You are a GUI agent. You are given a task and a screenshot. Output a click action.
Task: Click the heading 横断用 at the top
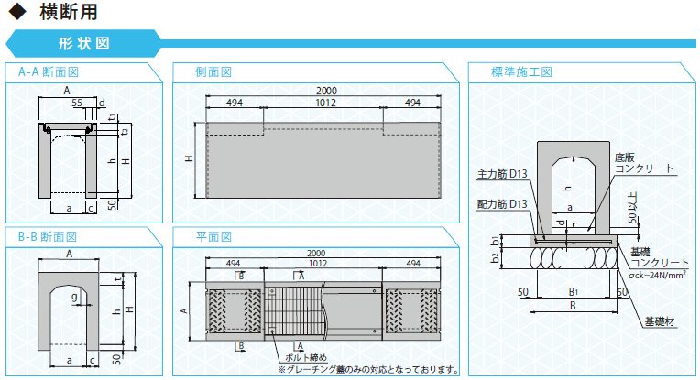click(x=69, y=12)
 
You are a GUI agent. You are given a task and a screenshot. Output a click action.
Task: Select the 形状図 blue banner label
click(x=84, y=43)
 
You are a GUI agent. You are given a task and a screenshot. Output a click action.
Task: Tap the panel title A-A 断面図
click(x=49, y=71)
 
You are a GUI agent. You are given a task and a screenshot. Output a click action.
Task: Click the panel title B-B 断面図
click(x=48, y=236)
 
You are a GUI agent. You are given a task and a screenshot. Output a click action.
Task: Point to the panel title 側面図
click(x=213, y=71)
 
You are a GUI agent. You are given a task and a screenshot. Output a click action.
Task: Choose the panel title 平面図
click(x=213, y=236)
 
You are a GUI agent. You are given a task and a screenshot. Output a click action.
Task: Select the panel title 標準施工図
click(x=521, y=71)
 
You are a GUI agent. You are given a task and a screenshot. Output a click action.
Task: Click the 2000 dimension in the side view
click(x=326, y=91)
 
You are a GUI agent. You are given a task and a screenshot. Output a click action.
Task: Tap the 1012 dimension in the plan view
click(x=318, y=263)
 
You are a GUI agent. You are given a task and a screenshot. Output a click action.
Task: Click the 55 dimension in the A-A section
click(x=77, y=103)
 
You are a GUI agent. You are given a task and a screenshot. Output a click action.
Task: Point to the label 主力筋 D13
click(x=502, y=173)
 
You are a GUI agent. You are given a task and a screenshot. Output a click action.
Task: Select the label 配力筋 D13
click(x=502, y=204)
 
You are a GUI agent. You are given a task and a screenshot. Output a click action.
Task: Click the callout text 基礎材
click(x=660, y=321)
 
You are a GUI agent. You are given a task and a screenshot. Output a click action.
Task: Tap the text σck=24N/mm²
click(x=657, y=275)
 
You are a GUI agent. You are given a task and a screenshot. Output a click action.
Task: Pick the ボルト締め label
click(x=306, y=357)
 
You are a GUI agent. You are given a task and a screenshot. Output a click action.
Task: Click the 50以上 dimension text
click(x=632, y=207)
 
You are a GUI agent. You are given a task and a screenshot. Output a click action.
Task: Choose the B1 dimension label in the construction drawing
click(x=574, y=292)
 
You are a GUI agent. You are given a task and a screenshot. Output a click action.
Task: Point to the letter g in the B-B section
click(x=74, y=297)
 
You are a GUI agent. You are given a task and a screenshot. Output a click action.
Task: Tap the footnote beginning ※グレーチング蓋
click(x=368, y=369)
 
